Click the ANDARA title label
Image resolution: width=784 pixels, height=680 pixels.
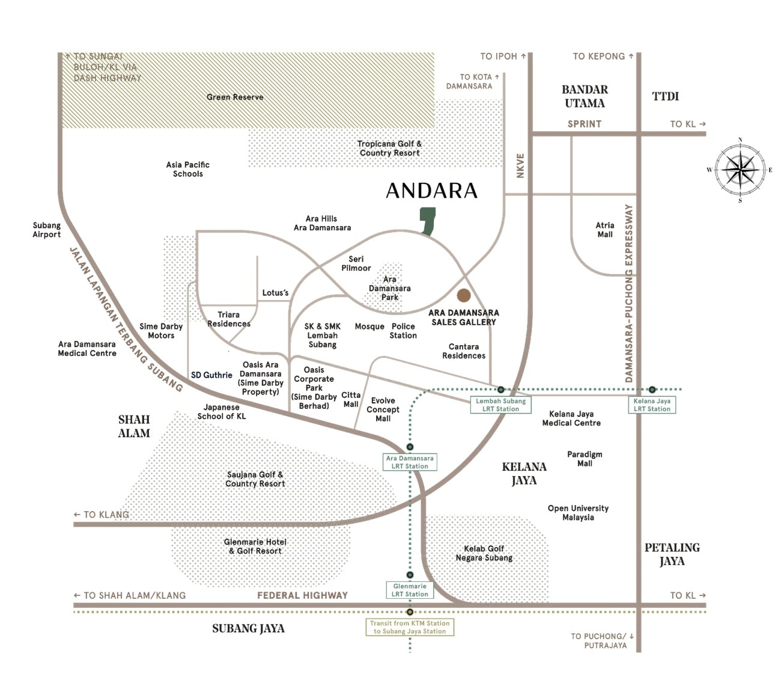click(x=431, y=191)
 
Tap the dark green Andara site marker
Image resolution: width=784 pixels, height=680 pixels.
click(x=428, y=221)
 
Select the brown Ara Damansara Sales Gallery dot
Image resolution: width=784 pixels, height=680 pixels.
click(x=464, y=295)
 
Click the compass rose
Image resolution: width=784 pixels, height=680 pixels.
click(x=740, y=170)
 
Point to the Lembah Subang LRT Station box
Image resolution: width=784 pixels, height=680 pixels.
click(x=500, y=405)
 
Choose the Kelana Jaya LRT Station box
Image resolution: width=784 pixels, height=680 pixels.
click(x=652, y=405)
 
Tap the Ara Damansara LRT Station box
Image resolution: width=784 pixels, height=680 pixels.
click(x=410, y=462)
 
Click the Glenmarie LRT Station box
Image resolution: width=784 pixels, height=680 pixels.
click(x=410, y=590)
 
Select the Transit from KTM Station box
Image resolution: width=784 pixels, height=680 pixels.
click(x=410, y=627)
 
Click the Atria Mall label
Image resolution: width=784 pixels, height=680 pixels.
click(x=605, y=230)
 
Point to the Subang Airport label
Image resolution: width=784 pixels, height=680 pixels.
click(x=46, y=230)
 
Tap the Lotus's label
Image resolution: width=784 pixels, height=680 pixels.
click(x=275, y=293)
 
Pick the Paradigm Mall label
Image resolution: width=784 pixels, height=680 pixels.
click(x=585, y=459)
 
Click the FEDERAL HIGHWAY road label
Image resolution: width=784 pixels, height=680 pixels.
click(x=302, y=595)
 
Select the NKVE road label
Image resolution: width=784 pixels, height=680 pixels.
click(x=520, y=165)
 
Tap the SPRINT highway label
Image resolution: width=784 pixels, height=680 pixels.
click(x=584, y=124)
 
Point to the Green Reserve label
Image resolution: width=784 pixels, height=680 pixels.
click(x=235, y=97)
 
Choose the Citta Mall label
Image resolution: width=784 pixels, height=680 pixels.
click(x=351, y=399)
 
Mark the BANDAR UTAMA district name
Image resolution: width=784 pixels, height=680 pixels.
click(x=585, y=96)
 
